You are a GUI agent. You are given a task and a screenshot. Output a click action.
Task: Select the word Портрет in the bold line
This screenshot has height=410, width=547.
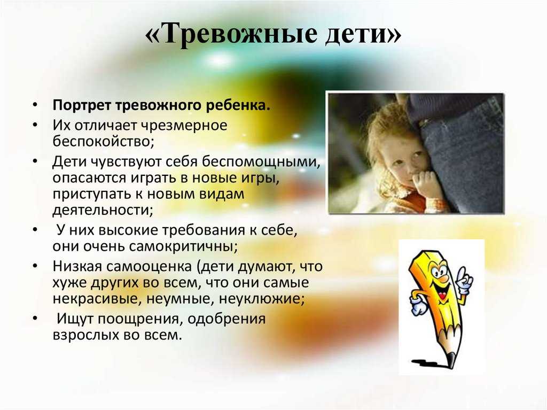tap(82, 105)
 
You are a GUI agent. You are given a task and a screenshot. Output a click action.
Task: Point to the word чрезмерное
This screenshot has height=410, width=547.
tap(184, 125)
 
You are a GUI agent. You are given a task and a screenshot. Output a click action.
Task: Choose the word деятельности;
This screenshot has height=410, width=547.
tap(103, 210)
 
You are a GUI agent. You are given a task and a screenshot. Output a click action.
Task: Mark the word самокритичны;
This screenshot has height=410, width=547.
tap(184, 246)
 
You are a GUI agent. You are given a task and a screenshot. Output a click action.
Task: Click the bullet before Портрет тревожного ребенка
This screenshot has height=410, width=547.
tap(35, 105)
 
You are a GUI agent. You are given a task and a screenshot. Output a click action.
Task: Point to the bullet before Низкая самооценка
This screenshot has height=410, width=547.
tap(35, 266)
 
